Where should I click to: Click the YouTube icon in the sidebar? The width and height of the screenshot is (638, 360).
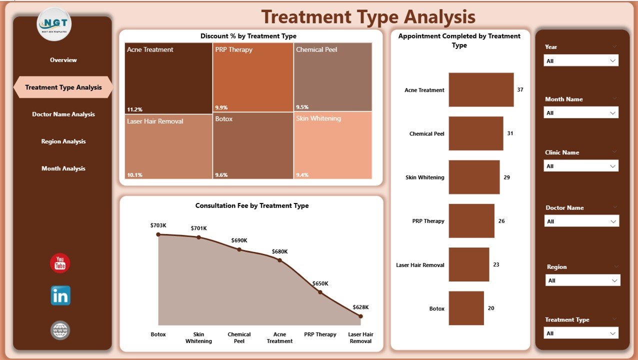pos(60,263)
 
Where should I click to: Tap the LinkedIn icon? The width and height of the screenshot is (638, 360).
pos(60,295)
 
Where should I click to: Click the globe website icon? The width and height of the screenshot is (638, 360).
pos(60,330)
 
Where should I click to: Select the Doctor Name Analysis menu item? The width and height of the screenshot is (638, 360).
pos(63,114)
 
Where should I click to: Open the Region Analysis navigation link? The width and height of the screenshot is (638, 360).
pos(63,141)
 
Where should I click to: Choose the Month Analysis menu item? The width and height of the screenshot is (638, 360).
pos(63,168)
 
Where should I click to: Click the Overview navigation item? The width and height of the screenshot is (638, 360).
pos(63,60)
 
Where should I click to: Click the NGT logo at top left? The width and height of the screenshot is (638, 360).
pos(54,23)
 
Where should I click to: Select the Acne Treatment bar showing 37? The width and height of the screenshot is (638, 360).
pos(480,90)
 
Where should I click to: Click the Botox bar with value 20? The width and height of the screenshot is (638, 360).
pos(466,308)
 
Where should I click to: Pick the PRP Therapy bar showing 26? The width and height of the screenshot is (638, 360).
pos(471,221)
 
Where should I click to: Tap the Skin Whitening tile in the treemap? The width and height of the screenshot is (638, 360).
pos(332,145)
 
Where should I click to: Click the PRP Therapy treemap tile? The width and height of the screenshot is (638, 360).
pos(253,77)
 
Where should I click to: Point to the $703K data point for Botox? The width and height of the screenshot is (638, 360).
pos(158,234)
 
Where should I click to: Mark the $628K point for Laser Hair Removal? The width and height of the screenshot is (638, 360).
pos(360,316)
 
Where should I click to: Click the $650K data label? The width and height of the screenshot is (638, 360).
pos(320,283)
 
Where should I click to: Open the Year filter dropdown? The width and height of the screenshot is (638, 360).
pos(581,60)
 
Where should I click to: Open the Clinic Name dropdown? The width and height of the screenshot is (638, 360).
pos(581,166)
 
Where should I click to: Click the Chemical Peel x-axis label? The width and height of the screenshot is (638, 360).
pos(239,337)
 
